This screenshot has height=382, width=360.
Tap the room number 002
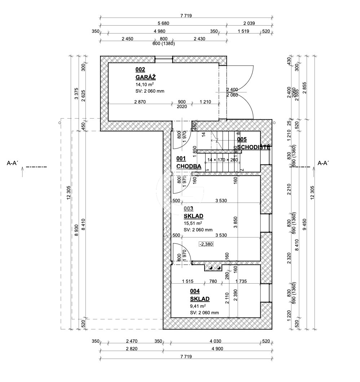[x=140, y=69]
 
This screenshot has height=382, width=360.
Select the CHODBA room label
[x=189, y=166]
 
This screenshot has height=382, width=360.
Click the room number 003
[x=188, y=208]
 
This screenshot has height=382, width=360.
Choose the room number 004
[x=195, y=291]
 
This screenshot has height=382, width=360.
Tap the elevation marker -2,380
[x=206, y=244]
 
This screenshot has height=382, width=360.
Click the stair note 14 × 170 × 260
[x=223, y=160]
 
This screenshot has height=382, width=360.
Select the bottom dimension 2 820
[x=131, y=348]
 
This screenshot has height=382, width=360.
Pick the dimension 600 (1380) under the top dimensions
[x=163, y=44]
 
